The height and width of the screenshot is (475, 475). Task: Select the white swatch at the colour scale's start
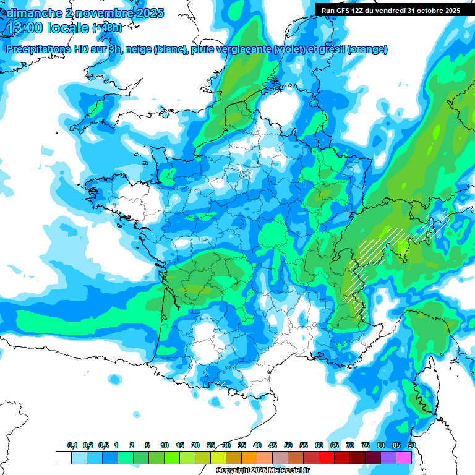[x=63, y=458]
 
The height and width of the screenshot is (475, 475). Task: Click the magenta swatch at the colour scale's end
[x=404, y=458]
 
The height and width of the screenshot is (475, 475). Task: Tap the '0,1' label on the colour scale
[x=72, y=446]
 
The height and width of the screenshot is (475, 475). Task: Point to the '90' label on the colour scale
[x=412, y=446]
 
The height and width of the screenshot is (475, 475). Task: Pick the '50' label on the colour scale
[x=288, y=446]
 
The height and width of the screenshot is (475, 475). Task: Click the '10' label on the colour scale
[x=165, y=446]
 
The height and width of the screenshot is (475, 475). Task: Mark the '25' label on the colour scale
[x=211, y=446]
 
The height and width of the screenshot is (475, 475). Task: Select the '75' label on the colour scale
[x=366, y=446]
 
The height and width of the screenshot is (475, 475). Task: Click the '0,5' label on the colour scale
[x=103, y=446]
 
